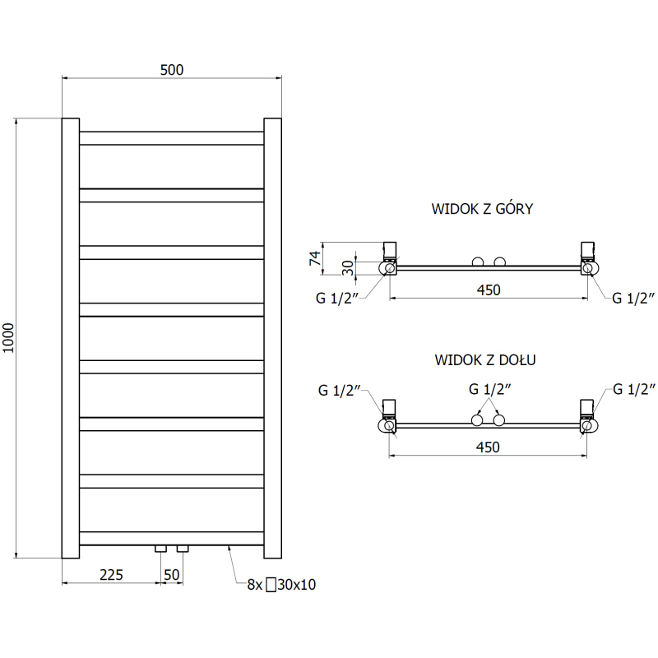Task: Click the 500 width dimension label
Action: (x=172, y=70)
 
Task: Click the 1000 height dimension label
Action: (x=8, y=338)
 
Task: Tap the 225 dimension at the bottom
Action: (x=111, y=574)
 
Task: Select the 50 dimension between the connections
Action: (x=172, y=574)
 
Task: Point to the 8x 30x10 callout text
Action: (x=281, y=585)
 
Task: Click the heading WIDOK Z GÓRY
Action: (x=482, y=209)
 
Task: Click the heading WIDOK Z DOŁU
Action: (x=485, y=359)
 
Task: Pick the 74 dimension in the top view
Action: (x=315, y=258)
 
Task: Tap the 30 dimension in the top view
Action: (x=348, y=267)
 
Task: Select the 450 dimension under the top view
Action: (x=489, y=290)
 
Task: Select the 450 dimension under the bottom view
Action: (x=488, y=447)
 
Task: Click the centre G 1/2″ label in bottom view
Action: (x=489, y=389)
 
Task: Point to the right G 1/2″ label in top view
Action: (x=633, y=298)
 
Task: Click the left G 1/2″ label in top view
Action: (x=337, y=298)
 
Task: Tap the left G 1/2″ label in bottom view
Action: (x=339, y=390)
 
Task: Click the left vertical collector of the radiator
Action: (x=71, y=338)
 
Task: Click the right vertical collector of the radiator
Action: (x=273, y=338)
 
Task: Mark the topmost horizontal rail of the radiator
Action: (x=172, y=138)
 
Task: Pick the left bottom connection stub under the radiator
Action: (x=160, y=549)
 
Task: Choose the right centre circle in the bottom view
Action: (x=499, y=420)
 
